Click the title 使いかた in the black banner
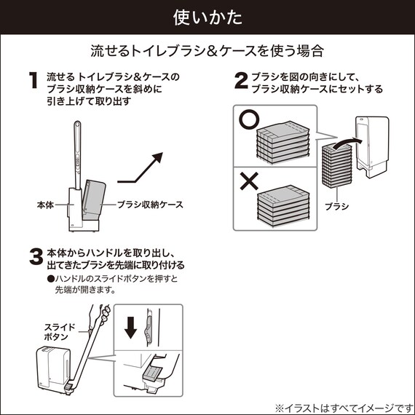point(207,15)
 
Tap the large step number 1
point(32,80)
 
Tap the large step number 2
point(241,80)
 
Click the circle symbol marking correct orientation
point(248,121)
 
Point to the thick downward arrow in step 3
point(130,328)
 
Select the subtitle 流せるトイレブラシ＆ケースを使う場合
point(207,51)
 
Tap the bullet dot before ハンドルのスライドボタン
point(50,279)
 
